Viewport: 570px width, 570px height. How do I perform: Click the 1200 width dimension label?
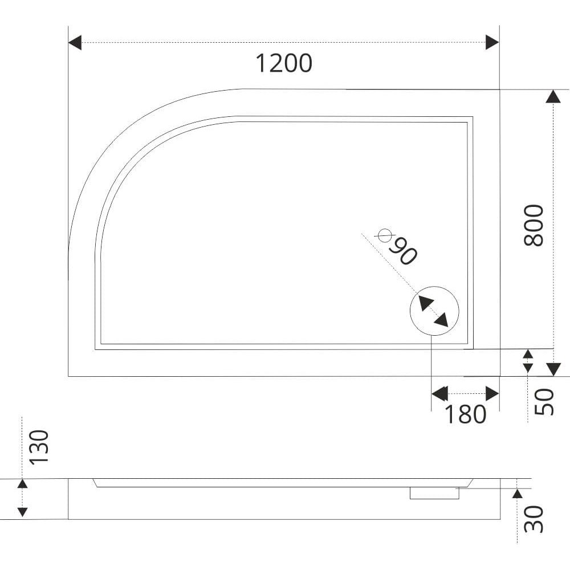coord(284,63)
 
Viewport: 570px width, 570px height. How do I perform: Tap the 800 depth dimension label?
coord(534,225)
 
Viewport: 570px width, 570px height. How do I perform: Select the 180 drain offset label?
coord(465,414)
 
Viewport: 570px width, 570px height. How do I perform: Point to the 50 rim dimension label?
coord(544,402)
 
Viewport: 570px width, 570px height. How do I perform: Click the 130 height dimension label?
coord(39,447)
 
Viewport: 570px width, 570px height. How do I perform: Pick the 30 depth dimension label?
coord(534,519)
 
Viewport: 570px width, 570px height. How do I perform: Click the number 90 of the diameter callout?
coord(403,251)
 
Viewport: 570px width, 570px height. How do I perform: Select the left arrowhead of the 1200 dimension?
coord(75,43)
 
